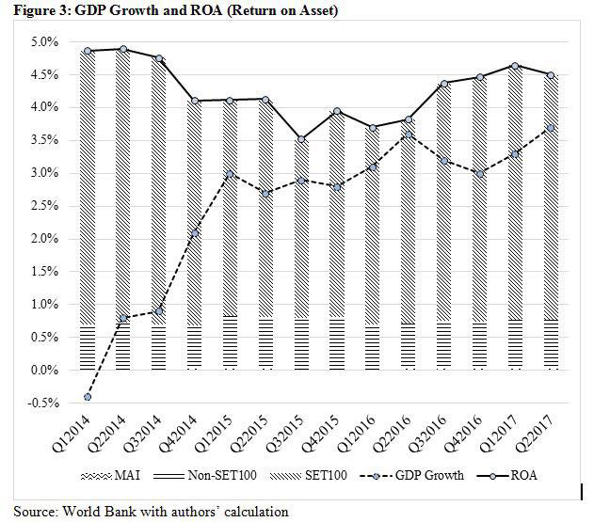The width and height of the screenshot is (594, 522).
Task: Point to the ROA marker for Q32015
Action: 274,139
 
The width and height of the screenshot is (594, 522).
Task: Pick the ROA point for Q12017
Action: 512,66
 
